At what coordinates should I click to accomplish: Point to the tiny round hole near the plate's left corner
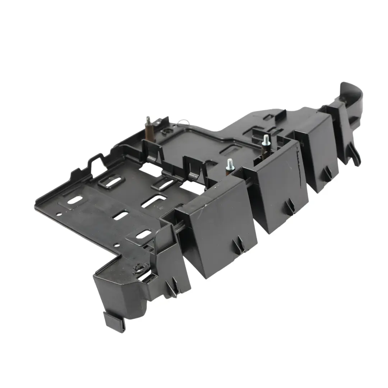tap(59, 215)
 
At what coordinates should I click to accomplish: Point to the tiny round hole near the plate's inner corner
tap(117, 246)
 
